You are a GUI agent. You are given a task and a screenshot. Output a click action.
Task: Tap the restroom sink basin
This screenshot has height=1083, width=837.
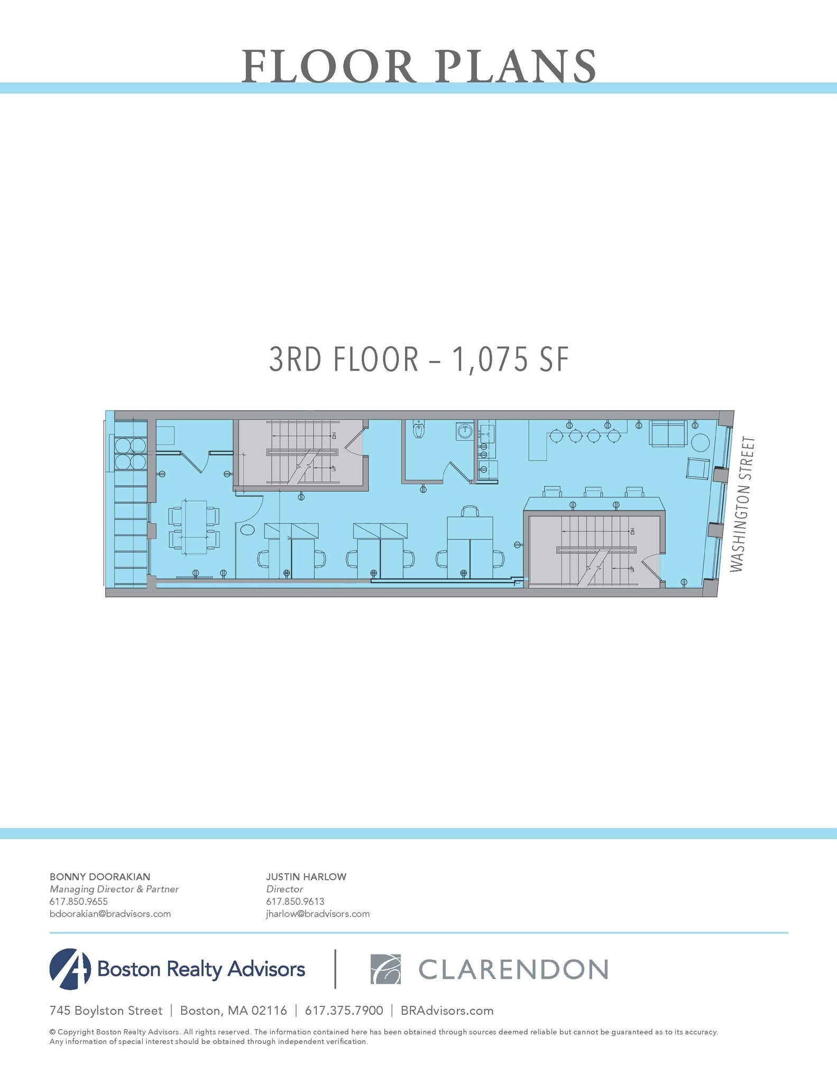click(465, 431)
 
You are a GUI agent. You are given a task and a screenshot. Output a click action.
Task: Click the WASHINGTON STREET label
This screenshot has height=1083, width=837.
click(743, 504)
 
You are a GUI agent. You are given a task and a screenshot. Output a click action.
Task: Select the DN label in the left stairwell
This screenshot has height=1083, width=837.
click(334, 436)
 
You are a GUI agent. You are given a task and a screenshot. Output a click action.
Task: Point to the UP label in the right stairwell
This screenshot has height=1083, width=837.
click(631, 569)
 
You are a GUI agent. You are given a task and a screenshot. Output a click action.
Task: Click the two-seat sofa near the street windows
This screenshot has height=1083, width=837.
click(668, 434)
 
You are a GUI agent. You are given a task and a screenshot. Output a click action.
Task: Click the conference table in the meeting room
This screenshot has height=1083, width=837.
click(194, 527)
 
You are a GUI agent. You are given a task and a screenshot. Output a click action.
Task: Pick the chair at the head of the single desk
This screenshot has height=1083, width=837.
click(470, 511)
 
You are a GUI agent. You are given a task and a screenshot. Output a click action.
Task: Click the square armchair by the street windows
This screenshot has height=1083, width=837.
click(698, 469)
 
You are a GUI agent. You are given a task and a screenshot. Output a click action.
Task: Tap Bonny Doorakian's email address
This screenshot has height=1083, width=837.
click(110, 914)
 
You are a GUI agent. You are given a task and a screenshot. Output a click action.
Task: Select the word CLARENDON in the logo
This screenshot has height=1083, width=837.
click(513, 969)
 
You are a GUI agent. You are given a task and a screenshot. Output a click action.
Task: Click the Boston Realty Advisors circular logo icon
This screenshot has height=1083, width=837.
click(70, 969)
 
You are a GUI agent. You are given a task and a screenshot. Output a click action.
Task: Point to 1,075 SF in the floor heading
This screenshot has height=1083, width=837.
click(510, 361)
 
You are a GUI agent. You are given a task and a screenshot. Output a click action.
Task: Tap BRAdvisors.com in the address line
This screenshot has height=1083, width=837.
click(447, 1011)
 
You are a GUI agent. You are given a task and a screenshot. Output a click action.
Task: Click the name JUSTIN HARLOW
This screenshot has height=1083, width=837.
click(306, 877)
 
